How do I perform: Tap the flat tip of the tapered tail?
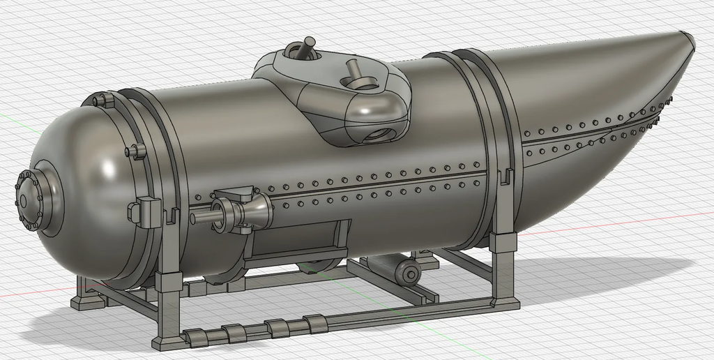[x=688, y=39]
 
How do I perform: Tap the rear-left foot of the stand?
[x=83, y=301]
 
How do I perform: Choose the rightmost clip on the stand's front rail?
[x=315, y=323]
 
